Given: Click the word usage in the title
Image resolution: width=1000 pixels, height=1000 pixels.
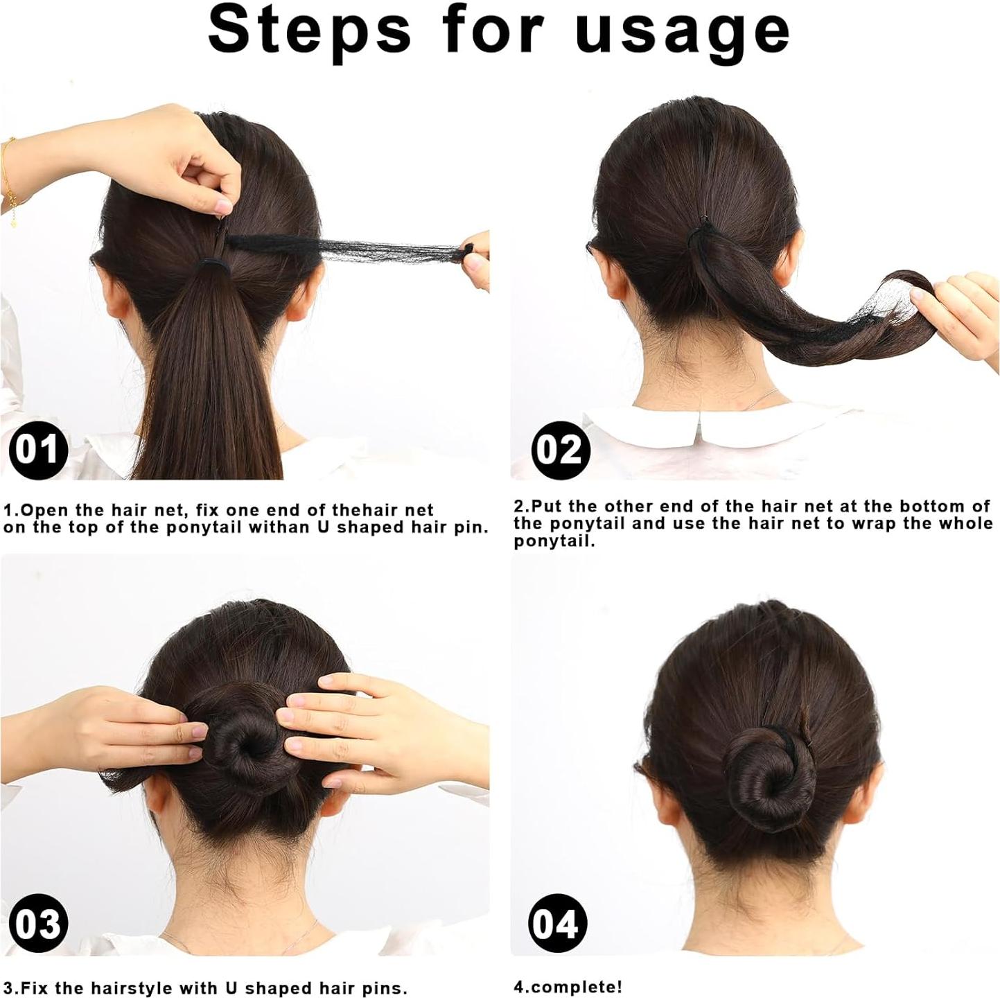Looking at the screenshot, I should [683, 31].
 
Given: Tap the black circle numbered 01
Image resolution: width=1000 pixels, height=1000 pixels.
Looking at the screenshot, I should [38, 449].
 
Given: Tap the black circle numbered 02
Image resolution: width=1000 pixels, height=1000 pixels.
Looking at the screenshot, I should [561, 449].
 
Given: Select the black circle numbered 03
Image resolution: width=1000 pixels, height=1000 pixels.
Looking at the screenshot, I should [38, 924].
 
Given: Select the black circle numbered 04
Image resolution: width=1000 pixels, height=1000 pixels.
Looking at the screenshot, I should [557, 924].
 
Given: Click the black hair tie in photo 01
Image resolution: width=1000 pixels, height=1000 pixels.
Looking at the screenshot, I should [216, 265].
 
